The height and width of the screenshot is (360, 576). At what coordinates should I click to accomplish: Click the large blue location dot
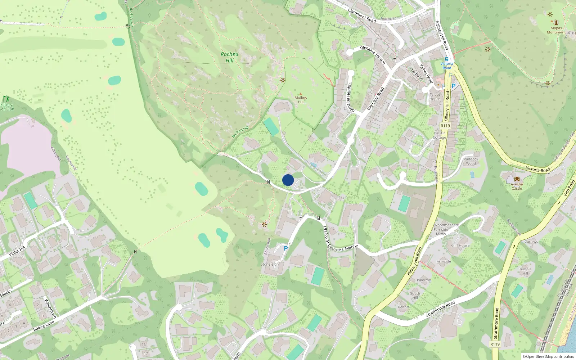pos(288,180)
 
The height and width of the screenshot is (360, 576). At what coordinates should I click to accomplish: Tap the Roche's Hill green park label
pos(230,57)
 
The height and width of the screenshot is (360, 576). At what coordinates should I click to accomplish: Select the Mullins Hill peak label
pos(301,99)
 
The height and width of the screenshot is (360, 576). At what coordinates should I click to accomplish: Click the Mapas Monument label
pos(556,30)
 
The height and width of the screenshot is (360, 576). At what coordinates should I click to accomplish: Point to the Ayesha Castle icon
pos(517,179)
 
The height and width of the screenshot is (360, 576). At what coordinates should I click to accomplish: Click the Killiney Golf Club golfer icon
pos(5,99)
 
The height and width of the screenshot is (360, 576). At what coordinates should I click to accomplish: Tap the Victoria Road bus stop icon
pos(446,59)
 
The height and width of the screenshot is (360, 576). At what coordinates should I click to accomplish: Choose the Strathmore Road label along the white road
pos(440,309)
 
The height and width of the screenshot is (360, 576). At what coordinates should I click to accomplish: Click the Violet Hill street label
pos(17,251)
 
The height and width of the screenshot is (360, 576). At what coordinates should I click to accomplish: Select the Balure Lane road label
pos(44,326)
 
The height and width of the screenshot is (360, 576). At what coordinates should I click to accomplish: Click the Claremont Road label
pos(362,16)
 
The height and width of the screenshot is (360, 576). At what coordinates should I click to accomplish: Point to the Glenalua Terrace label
pos(373,55)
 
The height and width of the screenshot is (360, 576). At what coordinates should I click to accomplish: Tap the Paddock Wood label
pos(471,161)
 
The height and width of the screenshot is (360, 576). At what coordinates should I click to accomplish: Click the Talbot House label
pos(435,96)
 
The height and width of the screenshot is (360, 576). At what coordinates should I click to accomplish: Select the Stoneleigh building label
pos(270,264)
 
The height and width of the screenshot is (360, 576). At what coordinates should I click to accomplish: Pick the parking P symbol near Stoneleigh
pos(286,248)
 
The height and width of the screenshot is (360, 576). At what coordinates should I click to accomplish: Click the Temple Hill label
pos(525,271)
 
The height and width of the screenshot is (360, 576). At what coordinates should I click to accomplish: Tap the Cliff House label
pos(460,246)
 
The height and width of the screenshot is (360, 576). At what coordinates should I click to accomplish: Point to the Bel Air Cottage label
pos(439,135)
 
